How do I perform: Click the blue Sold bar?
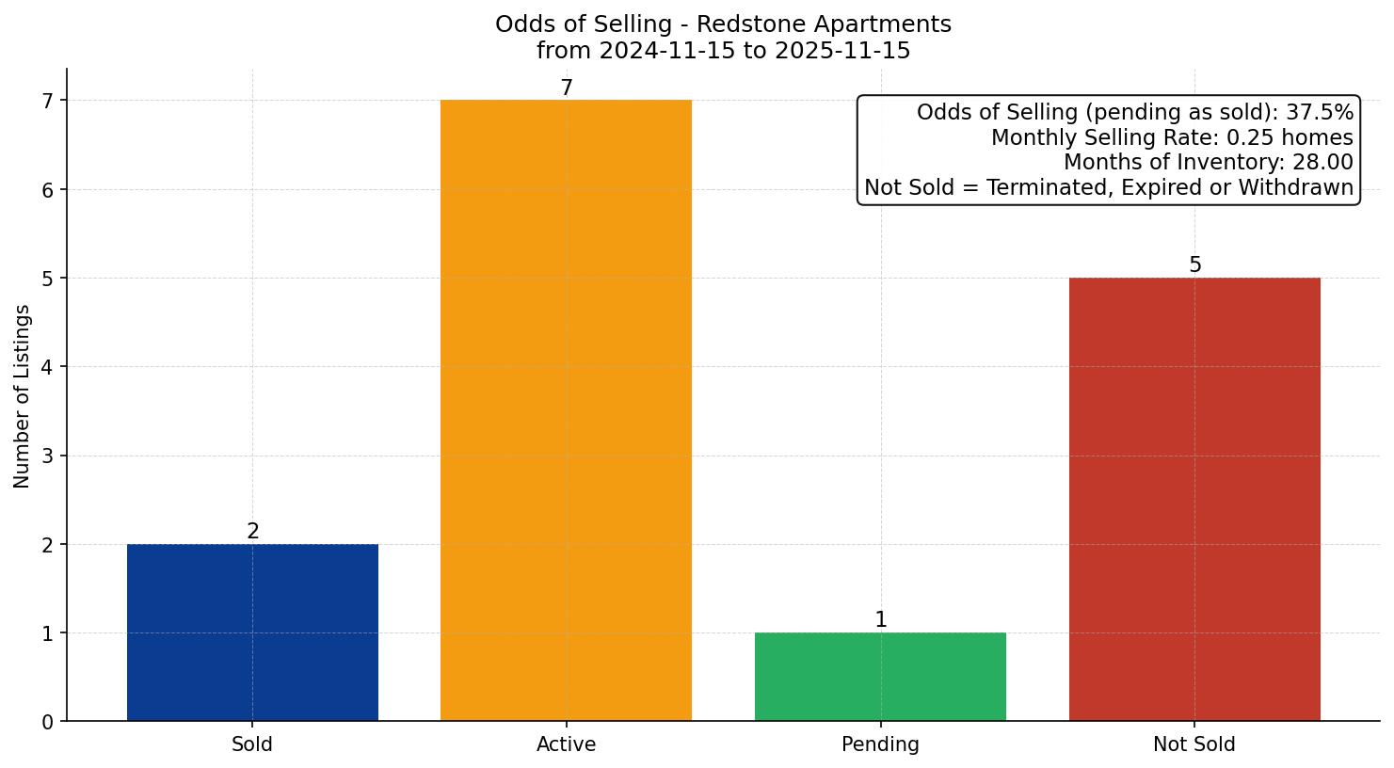[x=252, y=632]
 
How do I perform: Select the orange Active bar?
[x=566, y=410]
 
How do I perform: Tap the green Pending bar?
[x=880, y=677]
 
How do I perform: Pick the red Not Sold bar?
[x=1194, y=499]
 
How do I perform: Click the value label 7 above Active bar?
[x=566, y=88]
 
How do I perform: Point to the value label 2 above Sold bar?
[x=252, y=532]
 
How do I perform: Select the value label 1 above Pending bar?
[x=880, y=620]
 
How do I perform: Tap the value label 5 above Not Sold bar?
[x=1194, y=265]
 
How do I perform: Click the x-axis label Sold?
[x=252, y=744]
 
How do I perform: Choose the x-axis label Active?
[x=566, y=744]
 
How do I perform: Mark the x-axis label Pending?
[x=880, y=744]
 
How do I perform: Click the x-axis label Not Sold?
[x=1194, y=744]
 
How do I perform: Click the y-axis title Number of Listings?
[x=23, y=396]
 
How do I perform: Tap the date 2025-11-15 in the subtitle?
[x=842, y=51]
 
